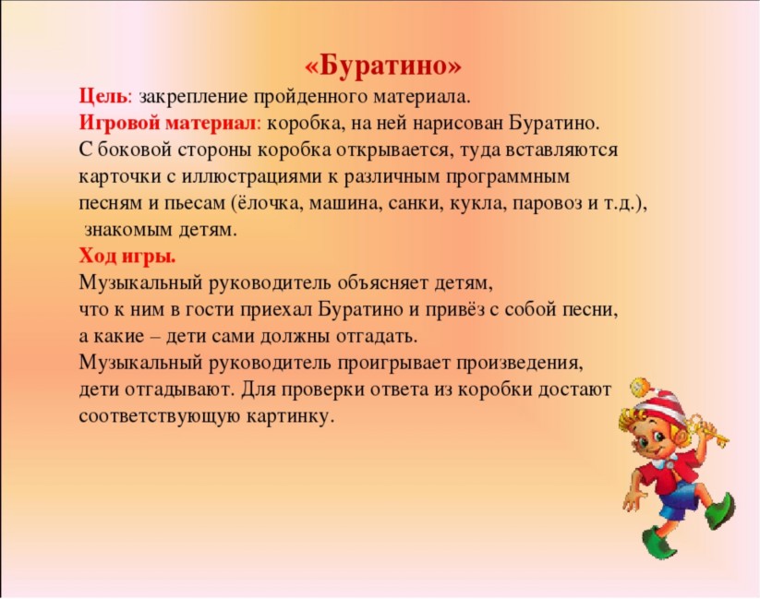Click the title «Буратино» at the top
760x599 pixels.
pos(383,66)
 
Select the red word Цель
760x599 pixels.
pos(103,96)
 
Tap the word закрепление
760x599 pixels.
pos(194,97)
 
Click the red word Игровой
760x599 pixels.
pos(119,123)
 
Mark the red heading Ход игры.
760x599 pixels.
pos(127,256)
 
